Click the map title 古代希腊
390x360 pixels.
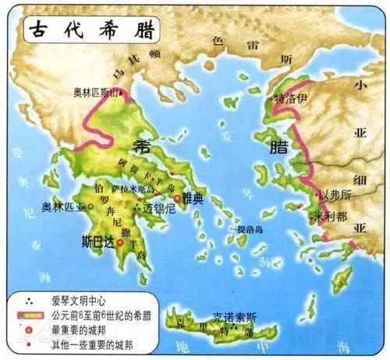tap(87, 29)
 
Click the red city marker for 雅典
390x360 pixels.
tap(178, 199)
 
